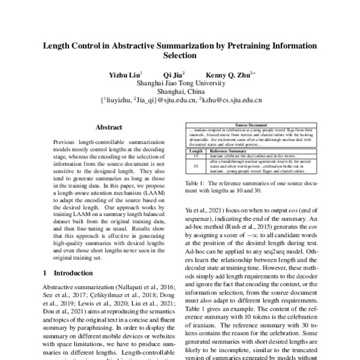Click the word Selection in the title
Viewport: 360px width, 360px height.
click(x=180, y=56)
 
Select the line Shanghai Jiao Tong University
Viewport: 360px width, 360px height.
click(x=180, y=84)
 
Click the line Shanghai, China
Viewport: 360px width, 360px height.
click(x=180, y=93)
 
